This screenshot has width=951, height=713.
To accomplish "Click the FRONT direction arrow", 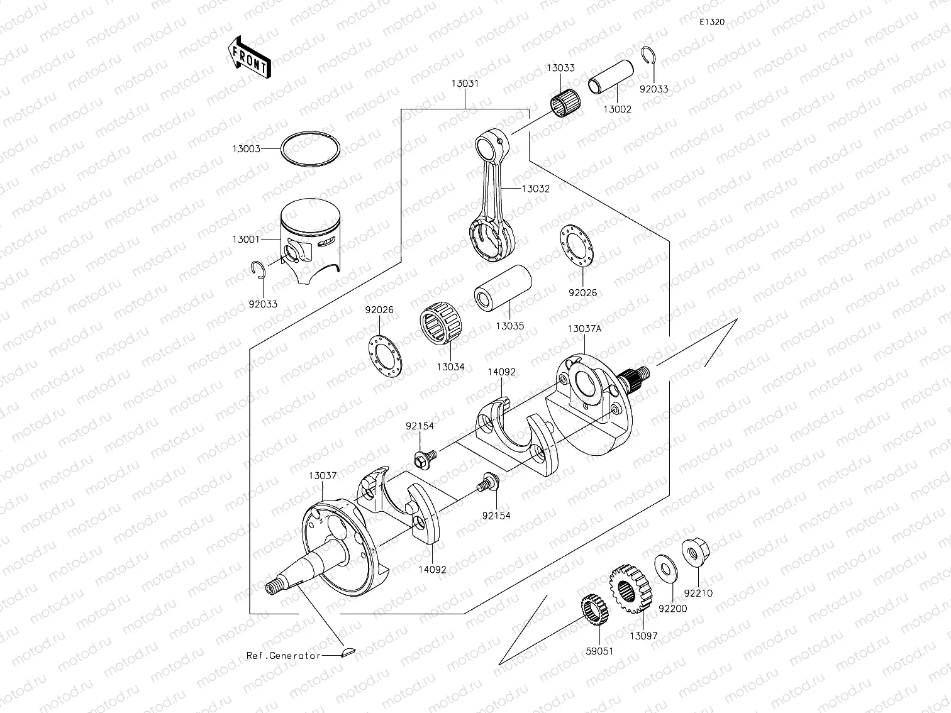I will pos(248,57).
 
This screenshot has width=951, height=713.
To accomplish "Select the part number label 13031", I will pos(465,83).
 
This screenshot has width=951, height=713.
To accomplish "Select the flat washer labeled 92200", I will pos(665,565).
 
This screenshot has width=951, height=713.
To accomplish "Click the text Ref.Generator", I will pos(283,655).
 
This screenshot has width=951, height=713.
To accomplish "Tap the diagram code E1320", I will pos(712,22).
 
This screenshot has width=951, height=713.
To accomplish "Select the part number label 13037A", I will pos(584,329).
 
